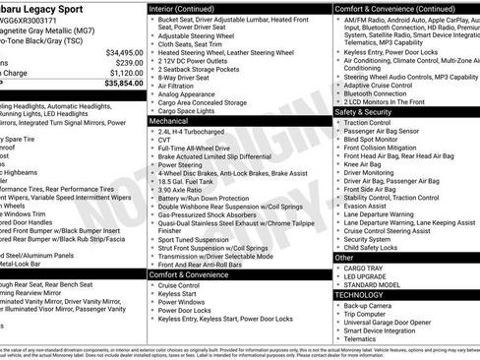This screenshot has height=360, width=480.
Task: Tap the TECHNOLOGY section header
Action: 359,294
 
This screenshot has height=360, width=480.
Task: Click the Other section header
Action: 343,257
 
